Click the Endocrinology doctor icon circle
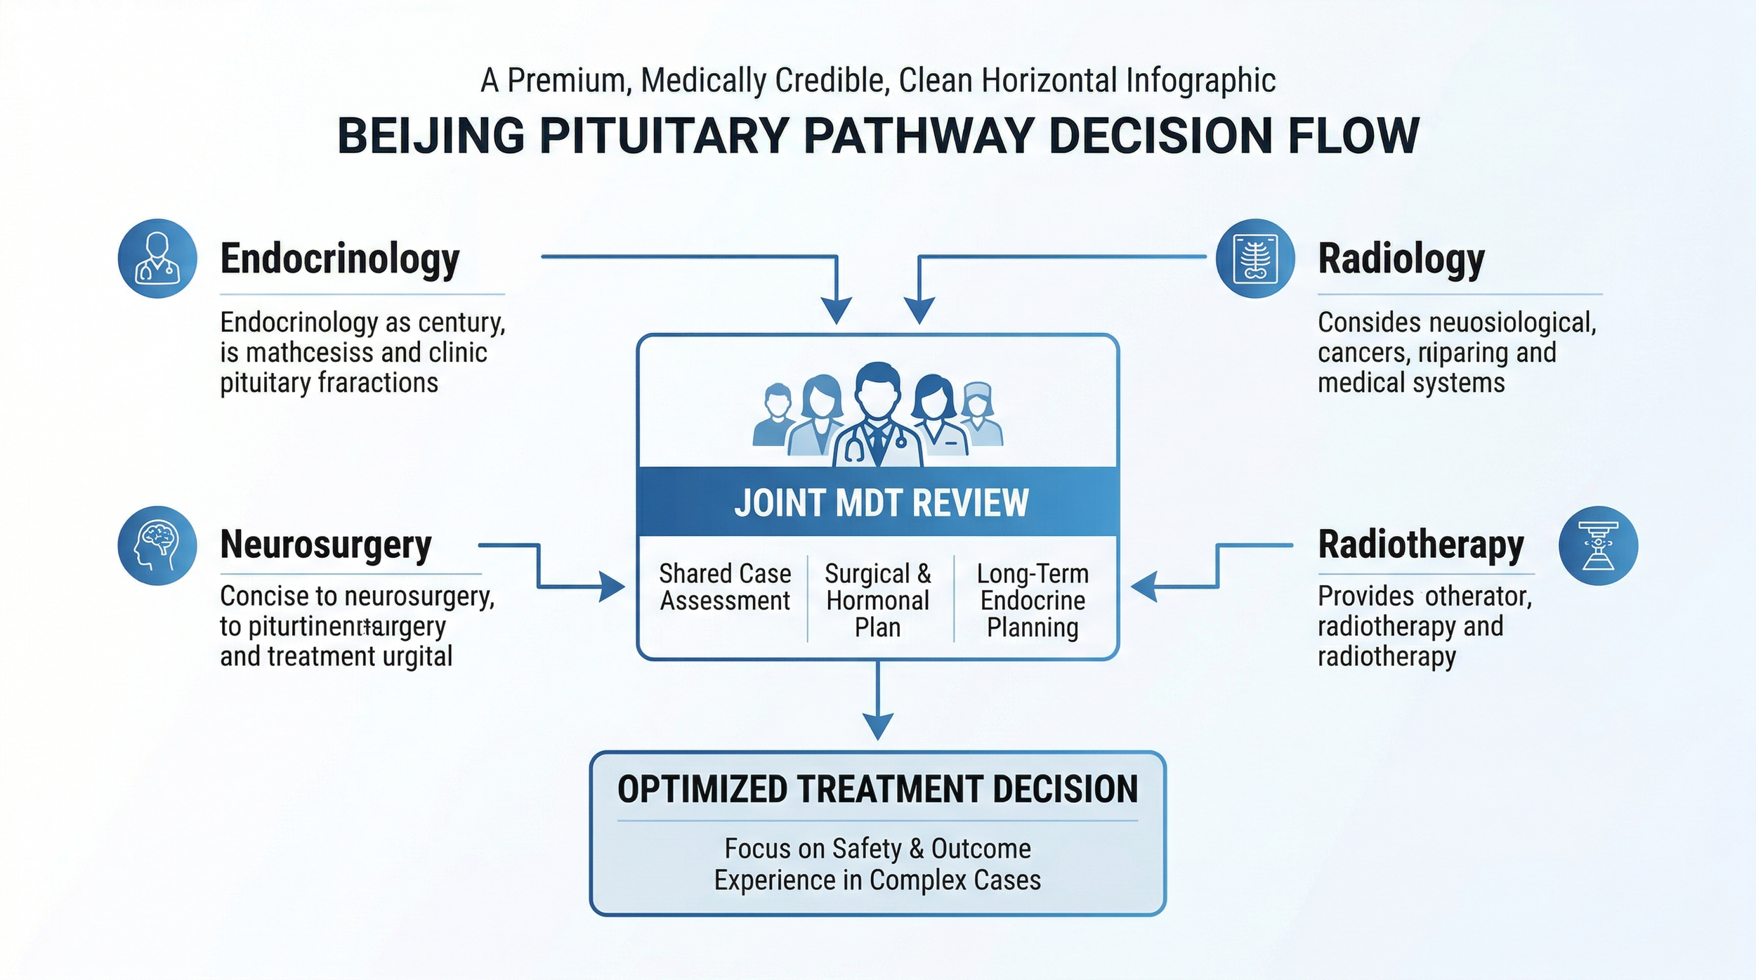(x=157, y=259)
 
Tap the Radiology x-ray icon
(x=1255, y=259)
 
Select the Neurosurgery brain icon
(x=157, y=546)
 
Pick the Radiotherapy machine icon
(x=1598, y=546)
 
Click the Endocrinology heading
(x=340, y=259)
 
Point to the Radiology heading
(x=1401, y=259)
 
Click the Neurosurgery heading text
(x=326, y=545)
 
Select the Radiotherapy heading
(x=1421, y=545)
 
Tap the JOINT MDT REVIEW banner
(x=878, y=502)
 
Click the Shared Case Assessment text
(x=725, y=587)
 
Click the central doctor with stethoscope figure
(x=878, y=418)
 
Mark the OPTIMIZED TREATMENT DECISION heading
(x=878, y=789)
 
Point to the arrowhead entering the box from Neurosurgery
(x=612, y=587)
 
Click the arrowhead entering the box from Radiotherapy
(x=1144, y=587)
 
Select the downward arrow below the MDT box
(x=878, y=724)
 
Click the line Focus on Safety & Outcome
(x=878, y=849)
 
